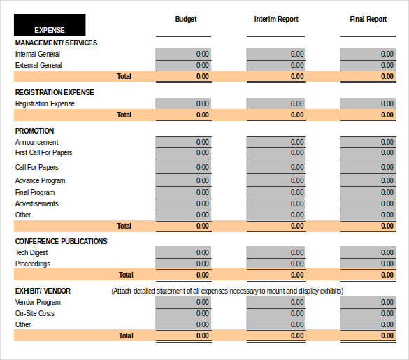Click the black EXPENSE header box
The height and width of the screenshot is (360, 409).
coord(50,25)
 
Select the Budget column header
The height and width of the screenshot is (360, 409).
coord(186,20)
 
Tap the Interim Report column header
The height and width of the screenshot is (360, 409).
coord(275,20)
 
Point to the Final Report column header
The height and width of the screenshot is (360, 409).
coord(368,20)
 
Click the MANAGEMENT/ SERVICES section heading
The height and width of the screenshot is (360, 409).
coord(56,43)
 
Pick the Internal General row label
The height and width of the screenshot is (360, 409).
coord(38,54)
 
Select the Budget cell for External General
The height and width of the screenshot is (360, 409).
coord(183,65)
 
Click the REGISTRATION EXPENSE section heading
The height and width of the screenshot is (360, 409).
coord(55,92)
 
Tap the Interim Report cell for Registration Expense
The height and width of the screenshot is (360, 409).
coord(275,103)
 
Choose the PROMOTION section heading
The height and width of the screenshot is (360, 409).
coord(34,131)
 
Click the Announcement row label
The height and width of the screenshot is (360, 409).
coord(37,142)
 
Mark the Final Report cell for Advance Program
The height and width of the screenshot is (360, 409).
coord(368,180)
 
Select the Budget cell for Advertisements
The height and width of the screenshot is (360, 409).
coord(183,203)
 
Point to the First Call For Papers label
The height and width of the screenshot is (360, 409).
coord(44,152)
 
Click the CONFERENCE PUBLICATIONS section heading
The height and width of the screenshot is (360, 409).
coord(62,242)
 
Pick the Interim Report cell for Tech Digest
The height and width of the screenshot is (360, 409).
coord(275,252)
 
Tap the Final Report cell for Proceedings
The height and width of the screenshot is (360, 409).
coord(368,264)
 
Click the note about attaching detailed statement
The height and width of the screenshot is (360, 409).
coord(227,291)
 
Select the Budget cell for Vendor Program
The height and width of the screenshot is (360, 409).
coord(183,302)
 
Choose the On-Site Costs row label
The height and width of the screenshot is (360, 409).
coord(35,313)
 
